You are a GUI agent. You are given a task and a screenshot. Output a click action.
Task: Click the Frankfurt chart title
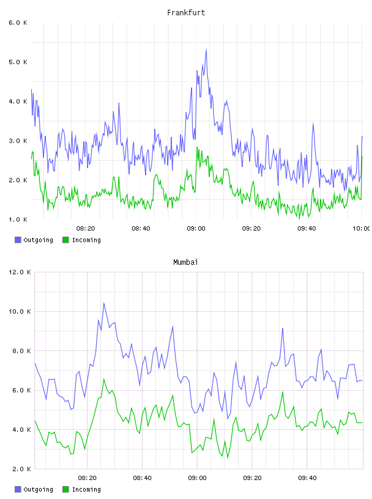pos(186,13)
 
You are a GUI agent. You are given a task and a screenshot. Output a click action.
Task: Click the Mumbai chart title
pos(185,262)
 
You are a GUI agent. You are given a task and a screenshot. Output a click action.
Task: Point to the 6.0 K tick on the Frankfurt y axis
pos(18,23)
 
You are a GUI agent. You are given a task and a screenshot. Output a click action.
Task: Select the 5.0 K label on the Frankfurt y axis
pos(18,62)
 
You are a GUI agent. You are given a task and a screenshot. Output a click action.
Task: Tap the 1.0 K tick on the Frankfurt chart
pos(18,220)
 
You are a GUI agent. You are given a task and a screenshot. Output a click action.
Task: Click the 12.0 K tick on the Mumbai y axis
pos(20,272)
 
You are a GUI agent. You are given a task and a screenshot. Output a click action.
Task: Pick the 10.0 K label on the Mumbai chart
pos(20,311)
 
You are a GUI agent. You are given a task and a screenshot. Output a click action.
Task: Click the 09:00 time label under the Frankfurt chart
pos(196,229)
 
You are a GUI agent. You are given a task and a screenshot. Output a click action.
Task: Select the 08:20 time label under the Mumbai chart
pos(87,478)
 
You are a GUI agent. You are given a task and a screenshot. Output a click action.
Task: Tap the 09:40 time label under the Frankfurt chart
pos(307,229)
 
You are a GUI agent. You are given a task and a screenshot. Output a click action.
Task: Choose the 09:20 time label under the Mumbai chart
pos(252,478)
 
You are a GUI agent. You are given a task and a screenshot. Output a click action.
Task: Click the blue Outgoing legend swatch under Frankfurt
pos(18,240)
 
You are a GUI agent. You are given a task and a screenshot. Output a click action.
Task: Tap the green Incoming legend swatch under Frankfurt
pos(65,240)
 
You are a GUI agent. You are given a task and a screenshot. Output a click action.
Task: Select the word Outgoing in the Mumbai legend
pos(39,489)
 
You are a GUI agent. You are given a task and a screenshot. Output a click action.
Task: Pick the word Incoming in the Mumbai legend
pos(86,489)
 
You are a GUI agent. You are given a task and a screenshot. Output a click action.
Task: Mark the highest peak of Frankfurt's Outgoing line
pos(206,49)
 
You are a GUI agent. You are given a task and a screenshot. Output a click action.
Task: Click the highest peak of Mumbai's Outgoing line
pos(104,303)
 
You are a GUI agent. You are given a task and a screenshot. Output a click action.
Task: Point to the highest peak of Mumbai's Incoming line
pos(104,379)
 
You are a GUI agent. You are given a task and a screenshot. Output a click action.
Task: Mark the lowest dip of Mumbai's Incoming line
pos(228,457)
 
